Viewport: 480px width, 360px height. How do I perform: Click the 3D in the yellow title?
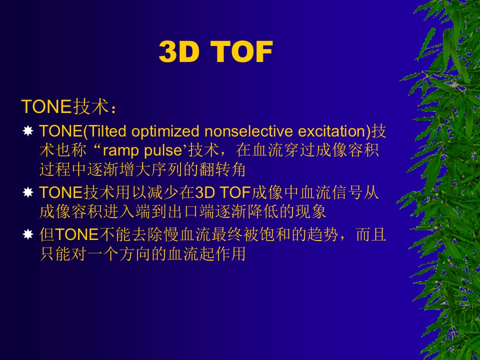(x=179, y=51)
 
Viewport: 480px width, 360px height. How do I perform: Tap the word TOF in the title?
(x=241, y=51)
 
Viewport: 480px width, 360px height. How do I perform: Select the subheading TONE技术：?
(x=69, y=106)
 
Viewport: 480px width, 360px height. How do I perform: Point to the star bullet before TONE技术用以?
(x=28, y=192)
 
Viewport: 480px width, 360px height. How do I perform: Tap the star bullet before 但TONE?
(x=28, y=234)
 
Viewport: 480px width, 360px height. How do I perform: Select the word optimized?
(x=165, y=131)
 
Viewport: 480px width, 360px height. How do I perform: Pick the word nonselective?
(x=248, y=131)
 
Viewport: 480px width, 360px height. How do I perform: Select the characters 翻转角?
(x=222, y=169)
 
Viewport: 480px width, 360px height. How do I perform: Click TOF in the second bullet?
(x=235, y=193)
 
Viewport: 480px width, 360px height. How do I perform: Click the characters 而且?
(x=370, y=235)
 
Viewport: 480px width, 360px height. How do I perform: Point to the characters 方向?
(x=134, y=254)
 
